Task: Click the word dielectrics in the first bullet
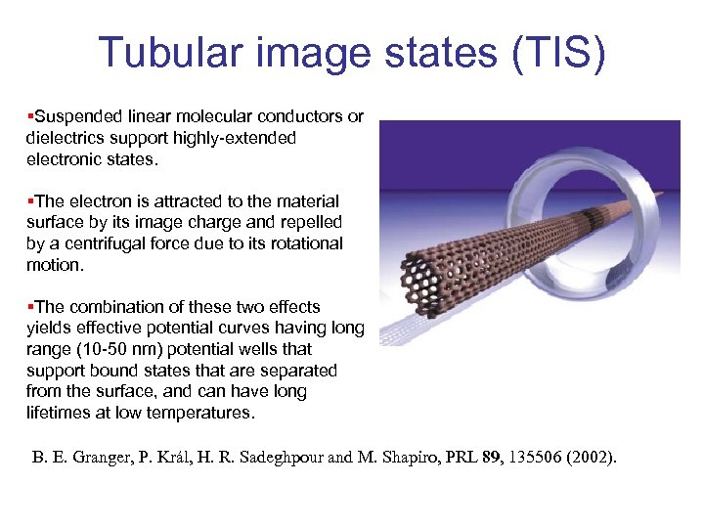point(64,138)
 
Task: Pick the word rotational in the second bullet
point(305,243)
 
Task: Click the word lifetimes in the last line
point(58,413)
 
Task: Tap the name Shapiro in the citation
point(412,456)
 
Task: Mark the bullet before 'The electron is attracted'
point(29,200)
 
